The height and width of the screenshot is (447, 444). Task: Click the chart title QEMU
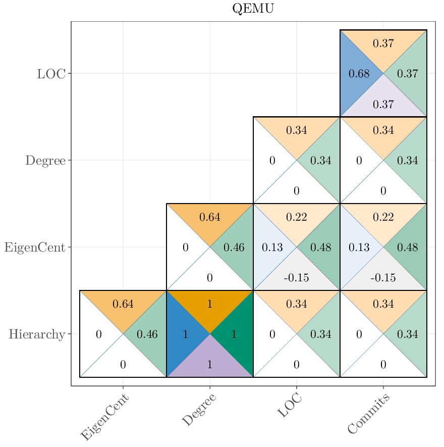tap(253, 9)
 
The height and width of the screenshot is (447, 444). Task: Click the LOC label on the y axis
tap(51, 74)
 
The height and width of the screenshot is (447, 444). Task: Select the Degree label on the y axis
tap(45, 161)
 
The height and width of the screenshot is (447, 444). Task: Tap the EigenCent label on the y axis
tap(35, 247)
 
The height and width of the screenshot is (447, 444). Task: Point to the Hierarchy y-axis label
tap(37, 334)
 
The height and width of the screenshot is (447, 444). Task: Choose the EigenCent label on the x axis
tap(105, 417)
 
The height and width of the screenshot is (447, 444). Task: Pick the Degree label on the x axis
tap(199, 410)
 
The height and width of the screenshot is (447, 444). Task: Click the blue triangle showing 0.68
tap(359, 74)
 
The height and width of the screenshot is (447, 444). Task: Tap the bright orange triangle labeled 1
tap(210, 305)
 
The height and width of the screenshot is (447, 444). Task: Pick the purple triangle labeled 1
tap(210, 364)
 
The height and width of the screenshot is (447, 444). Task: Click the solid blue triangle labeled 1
tap(185, 334)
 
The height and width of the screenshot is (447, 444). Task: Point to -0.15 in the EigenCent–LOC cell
tap(296, 278)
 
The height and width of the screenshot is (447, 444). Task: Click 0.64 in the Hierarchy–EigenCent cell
tap(123, 304)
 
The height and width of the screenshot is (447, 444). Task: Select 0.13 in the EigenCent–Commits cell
tap(359, 247)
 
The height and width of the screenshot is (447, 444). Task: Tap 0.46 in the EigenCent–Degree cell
tap(234, 247)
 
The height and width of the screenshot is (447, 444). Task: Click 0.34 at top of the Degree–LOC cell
tap(297, 130)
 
